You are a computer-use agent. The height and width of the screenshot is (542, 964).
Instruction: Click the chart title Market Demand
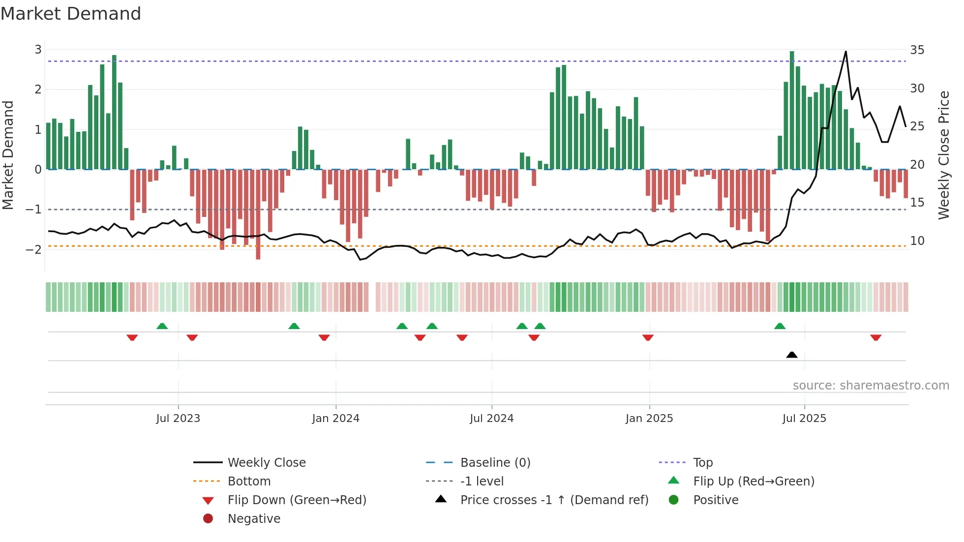pos(71,14)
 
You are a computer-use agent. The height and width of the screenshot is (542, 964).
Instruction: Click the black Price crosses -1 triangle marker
pos(792,355)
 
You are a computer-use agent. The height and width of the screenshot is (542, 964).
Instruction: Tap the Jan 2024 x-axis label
pos(336,419)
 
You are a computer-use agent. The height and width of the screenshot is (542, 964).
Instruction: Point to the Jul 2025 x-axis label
pos(804,419)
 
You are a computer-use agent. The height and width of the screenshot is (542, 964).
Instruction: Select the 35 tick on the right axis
pos(917,50)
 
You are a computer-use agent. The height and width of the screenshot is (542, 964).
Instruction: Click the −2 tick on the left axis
pos(33,249)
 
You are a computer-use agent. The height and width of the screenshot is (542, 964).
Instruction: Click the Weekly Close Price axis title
pos(943,155)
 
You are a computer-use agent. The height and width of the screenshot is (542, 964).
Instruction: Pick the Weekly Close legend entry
pos(266,462)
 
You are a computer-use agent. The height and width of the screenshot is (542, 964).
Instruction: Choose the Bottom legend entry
pos(249,481)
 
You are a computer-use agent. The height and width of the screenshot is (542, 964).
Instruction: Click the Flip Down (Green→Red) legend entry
pos(297,500)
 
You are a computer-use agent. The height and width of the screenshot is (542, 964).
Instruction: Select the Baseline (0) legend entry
pos(495,462)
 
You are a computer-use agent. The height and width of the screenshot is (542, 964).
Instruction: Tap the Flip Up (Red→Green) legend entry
pos(753,481)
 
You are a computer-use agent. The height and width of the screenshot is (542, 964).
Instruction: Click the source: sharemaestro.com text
pos(871,385)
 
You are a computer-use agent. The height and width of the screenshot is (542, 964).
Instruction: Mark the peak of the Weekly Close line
pos(845,52)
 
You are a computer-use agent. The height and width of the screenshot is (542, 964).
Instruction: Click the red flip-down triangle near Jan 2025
pos(648,337)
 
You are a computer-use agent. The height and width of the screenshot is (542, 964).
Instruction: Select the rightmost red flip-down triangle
pos(875,337)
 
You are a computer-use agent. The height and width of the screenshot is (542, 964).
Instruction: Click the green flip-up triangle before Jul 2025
pos(780,326)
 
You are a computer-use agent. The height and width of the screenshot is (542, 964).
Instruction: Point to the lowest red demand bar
pos(258,246)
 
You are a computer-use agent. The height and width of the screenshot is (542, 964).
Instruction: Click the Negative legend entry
pos(254,518)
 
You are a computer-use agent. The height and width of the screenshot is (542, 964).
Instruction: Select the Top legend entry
pos(702,462)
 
